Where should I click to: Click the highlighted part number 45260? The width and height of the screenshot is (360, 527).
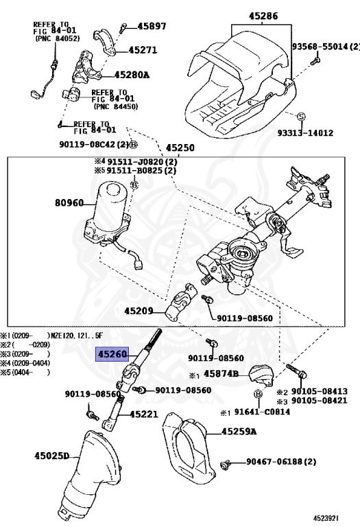click(x=112, y=354)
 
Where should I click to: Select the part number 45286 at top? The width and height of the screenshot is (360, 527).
click(x=263, y=16)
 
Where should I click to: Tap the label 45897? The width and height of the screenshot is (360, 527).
click(x=152, y=26)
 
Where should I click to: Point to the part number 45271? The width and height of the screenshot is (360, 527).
click(x=143, y=50)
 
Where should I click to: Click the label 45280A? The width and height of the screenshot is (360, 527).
click(x=132, y=75)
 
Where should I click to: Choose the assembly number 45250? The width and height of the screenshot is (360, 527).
click(x=180, y=148)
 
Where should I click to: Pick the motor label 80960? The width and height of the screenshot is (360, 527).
click(x=69, y=202)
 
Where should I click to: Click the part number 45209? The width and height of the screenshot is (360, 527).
click(x=139, y=311)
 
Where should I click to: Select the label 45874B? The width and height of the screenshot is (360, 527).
click(x=221, y=374)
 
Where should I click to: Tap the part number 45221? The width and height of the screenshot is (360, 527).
click(x=144, y=414)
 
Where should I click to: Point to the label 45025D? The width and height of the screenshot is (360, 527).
click(x=51, y=456)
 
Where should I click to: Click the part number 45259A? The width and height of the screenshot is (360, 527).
click(x=239, y=431)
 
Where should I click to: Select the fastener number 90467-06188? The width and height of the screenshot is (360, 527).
click(x=275, y=462)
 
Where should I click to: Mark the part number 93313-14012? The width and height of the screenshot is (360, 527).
click(x=305, y=132)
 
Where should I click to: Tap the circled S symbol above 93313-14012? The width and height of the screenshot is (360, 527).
click(x=301, y=117)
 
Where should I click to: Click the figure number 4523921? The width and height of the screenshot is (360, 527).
click(x=326, y=518)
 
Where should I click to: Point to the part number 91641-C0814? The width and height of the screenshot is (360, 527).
click(x=262, y=412)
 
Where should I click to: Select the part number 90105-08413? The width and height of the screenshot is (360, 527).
click(x=320, y=391)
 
